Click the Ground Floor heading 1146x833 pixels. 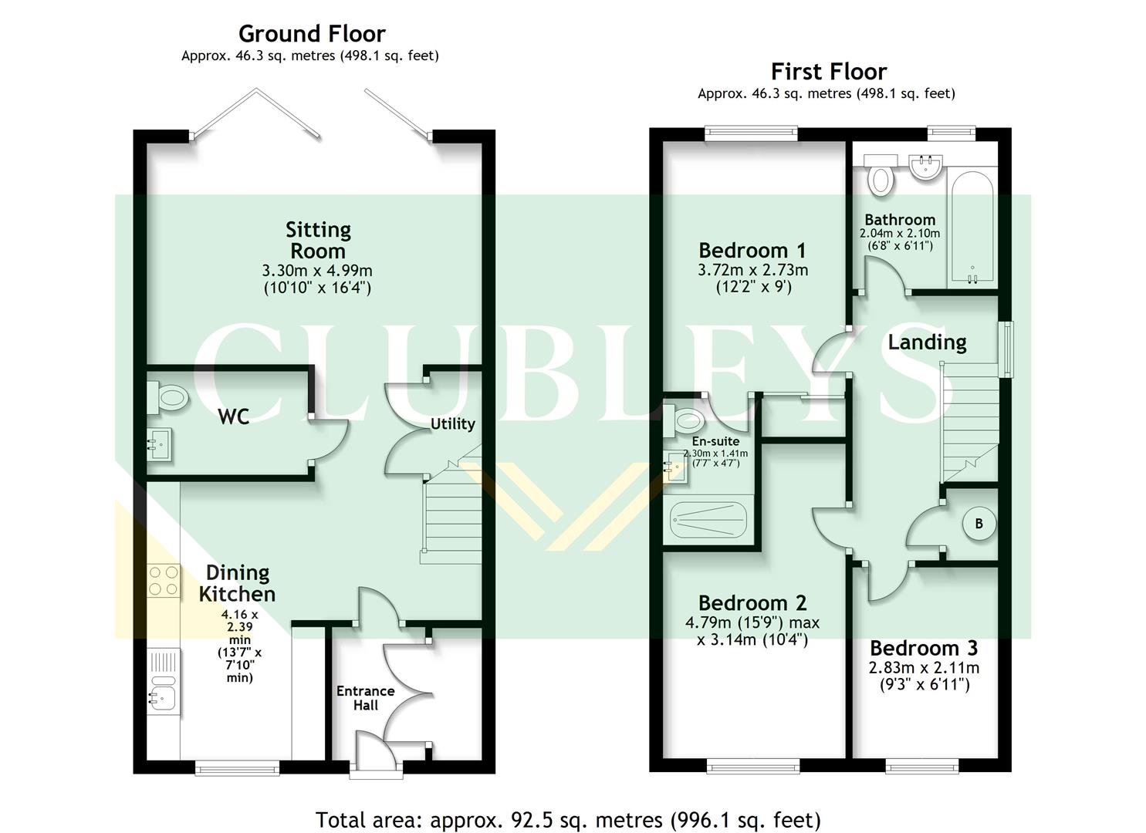point(312,34)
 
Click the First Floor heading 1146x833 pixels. point(829,72)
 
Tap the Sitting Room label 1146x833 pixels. point(318,240)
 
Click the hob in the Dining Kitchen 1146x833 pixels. point(164,581)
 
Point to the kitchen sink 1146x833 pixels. point(163,690)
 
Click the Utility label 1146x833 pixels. point(452,423)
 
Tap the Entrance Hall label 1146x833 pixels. point(365,698)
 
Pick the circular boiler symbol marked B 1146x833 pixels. point(979,524)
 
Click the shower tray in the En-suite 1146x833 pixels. point(708,520)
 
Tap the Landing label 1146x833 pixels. point(927,342)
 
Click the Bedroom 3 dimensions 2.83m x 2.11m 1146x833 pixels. point(925,668)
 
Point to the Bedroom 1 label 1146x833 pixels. point(752,250)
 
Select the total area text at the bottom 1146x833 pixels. point(568,819)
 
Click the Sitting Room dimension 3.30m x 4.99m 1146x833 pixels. point(317,271)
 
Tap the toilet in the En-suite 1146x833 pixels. point(685,420)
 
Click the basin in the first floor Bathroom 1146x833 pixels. point(925,168)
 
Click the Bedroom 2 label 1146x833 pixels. point(752,602)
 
